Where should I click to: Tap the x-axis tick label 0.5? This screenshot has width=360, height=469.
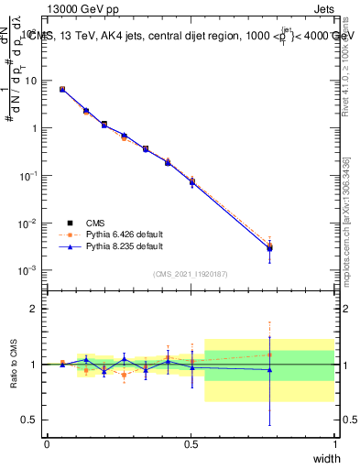pyautogui.click(x=191, y=444)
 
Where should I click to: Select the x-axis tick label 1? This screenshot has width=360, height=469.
pyautogui.click(x=334, y=444)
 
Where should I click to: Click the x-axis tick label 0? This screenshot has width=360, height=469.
pyautogui.click(x=47, y=444)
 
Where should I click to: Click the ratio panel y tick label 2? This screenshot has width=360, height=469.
pyautogui.click(x=35, y=310)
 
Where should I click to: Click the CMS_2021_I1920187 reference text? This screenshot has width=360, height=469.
pyautogui.click(x=191, y=274)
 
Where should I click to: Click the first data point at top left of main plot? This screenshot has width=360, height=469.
pyautogui.click(x=61, y=89)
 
